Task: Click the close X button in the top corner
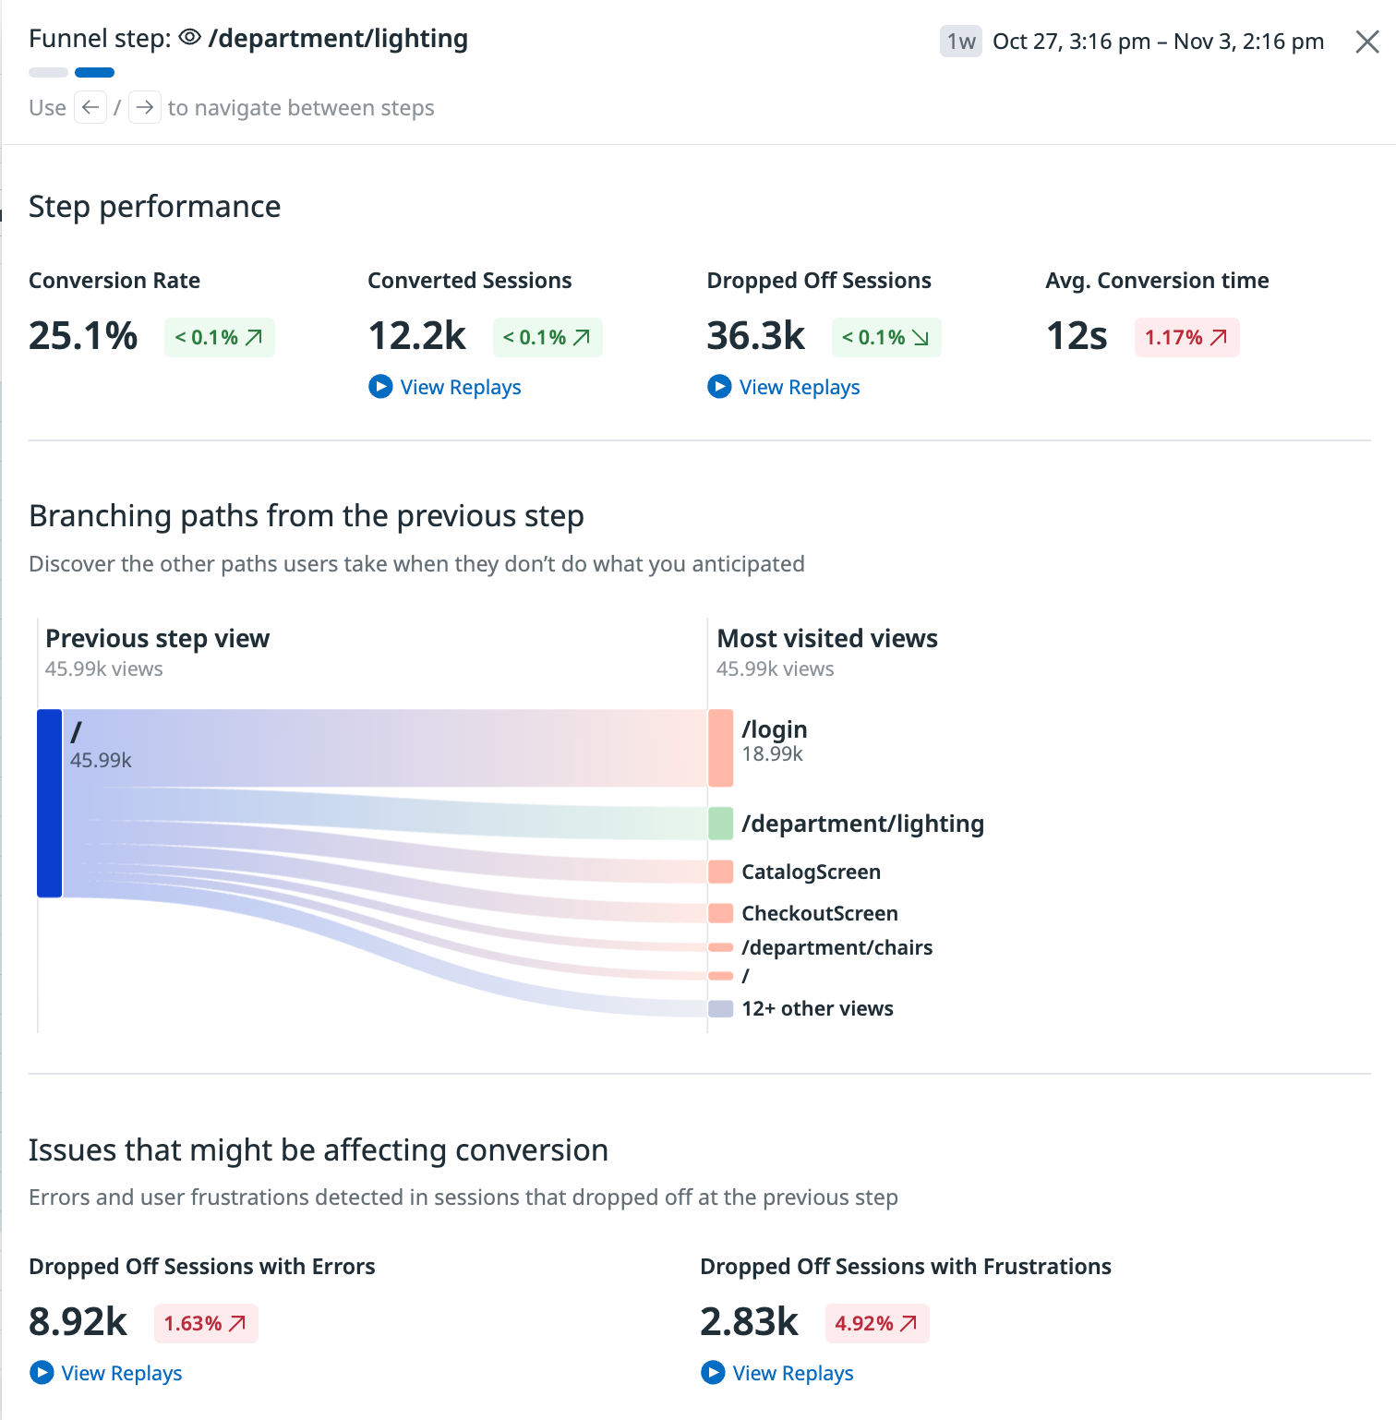(x=1366, y=42)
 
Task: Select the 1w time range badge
(x=960, y=42)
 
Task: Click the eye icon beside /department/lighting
(x=190, y=38)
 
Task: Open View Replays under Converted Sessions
(x=445, y=387)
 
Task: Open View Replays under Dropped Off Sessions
(x=784, y=387)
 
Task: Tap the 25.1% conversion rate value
(x=83, y=336)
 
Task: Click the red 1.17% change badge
(x=1186, y=338)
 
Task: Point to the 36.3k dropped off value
(x=755, y=336)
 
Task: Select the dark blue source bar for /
(x=50, y=803)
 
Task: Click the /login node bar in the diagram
(x=720, y=748)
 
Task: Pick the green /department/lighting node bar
(x=720, y=823)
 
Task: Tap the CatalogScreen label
(x=811, y=872)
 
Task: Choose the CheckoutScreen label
(x=819, y=913)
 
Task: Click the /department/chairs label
(x=836, y=947)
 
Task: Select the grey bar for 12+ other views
(x=720, y=1008)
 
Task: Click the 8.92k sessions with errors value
(x=78, y=1322)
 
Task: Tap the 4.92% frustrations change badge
(x=876, y=1324)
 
